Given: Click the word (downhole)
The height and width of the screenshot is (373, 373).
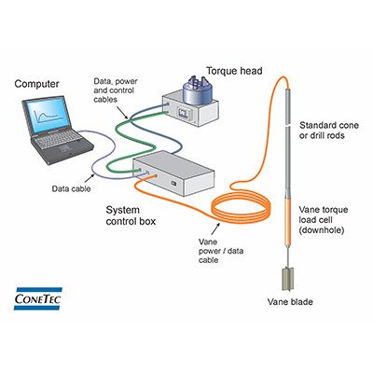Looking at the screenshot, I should tap(325, 231).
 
